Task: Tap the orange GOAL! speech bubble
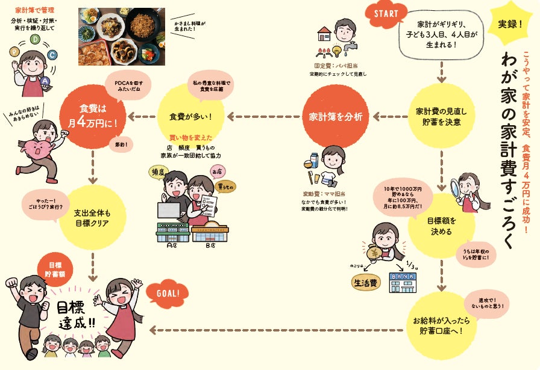(168, 294)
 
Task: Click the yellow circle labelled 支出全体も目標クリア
(92, 218)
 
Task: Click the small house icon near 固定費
(324, 35)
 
